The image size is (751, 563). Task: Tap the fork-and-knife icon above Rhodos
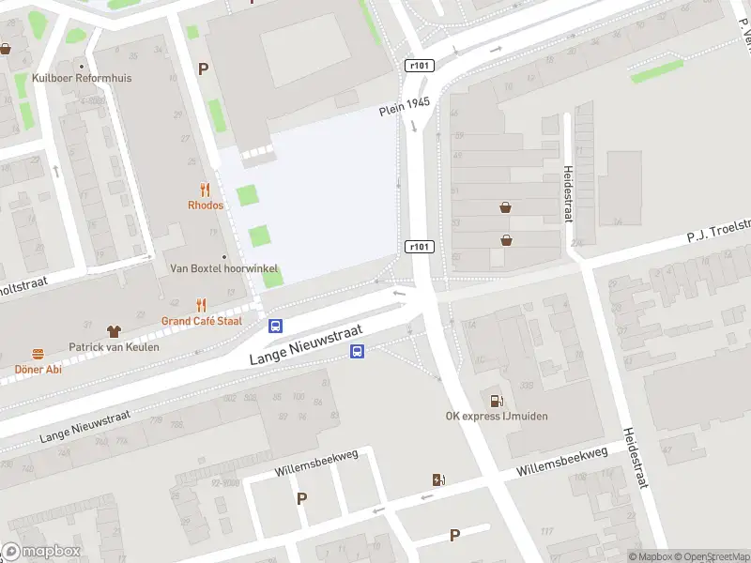[x=205, y=190]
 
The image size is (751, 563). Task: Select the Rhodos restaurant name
[x=205, y=205]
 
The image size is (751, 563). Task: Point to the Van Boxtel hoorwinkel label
[x=223, y=268]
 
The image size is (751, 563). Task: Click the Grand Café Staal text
[x=201, y=321]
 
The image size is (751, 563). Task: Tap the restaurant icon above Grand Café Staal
[x=201, y=305]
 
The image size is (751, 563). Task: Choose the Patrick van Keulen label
[x=114, y=347]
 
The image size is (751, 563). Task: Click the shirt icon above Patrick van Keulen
[x=114, y=331]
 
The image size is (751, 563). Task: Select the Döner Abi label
[x=38, y=369]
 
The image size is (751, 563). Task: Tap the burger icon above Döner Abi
[x=38, y=354]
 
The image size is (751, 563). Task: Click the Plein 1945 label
[x=405, y=106]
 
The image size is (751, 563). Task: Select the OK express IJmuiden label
[x=497, y=417]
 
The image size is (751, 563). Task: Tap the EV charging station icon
[x=437, y=480]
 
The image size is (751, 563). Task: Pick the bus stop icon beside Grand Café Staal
[x=276, y=327]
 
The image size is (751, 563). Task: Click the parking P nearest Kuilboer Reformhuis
[x=203, y=68]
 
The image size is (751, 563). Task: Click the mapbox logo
[x=41, y=552]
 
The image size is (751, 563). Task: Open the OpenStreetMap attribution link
[x=710, y=556]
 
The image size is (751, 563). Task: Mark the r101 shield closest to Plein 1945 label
[x=421, y=66]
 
